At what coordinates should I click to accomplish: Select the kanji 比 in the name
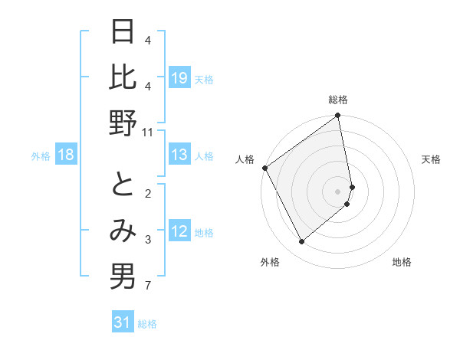123,78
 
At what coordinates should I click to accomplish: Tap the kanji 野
123,123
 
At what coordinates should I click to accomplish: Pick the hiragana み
123,232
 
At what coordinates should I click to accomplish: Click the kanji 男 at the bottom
123,277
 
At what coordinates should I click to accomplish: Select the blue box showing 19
179,78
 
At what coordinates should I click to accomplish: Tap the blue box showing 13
179,155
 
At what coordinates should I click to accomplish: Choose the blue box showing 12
179,232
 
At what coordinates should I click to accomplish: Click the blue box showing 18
66,155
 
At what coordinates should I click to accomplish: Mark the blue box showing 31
123,322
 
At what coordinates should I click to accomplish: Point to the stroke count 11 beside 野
148,133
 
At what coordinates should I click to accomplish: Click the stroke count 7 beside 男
146,286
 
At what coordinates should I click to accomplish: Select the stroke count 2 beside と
146,193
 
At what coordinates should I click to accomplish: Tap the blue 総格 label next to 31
147,324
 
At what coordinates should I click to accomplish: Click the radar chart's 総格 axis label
338,100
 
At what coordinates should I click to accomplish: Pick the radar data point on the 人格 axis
264,168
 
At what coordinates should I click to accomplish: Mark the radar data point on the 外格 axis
301,242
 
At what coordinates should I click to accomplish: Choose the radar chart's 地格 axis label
402,262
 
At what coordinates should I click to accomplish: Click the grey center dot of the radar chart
338,191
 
